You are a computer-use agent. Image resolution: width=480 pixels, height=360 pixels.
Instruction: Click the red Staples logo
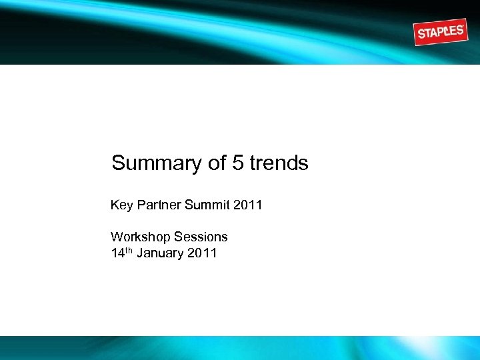pos(439,31)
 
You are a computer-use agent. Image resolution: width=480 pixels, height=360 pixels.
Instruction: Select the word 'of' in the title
pos(217,163)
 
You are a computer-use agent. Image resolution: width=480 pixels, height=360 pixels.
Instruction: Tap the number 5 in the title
pos(238,163)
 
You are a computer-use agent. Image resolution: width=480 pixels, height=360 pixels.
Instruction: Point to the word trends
pos(279,163)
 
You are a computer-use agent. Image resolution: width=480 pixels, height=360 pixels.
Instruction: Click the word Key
pos(121,205)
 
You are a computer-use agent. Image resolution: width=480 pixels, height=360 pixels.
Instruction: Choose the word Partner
pos(157,205)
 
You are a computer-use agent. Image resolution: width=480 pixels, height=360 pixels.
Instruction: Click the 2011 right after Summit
pos(248,205)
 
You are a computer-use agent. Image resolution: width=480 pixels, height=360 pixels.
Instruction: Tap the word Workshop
pos(139,237)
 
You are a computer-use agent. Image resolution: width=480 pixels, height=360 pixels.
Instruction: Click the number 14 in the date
pos(117,253)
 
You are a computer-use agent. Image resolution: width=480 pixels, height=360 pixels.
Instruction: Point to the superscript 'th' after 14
pos(129,250)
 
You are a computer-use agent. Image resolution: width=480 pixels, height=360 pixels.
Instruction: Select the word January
pos(160,253)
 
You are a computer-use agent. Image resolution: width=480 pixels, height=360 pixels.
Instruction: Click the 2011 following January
pos(203,253)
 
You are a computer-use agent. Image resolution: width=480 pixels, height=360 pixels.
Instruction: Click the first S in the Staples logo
pos(420,35)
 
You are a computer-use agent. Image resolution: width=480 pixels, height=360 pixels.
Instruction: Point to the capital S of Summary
pos(119,163)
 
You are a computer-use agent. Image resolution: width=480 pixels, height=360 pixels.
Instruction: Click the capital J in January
pos(140,253)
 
